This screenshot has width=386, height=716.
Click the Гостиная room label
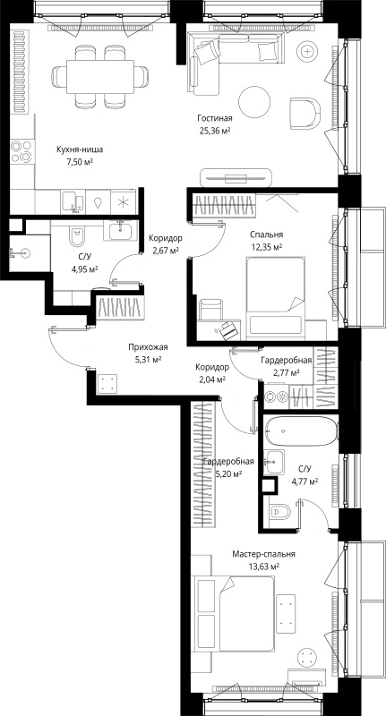[215, 118]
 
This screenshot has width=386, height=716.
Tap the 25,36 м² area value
[214, 131]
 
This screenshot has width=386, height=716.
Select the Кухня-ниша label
[80, 149]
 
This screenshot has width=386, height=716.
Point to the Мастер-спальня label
[263, 554]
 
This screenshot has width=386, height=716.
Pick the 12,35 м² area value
[266, 247]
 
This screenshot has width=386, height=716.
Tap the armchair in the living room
[305, 113]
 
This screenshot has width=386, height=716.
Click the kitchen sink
[73, 202]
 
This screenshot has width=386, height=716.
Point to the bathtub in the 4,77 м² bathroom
[302, 431]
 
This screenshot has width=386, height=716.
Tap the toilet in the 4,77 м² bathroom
[279, 512]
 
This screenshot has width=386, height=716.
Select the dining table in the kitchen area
[100, 76]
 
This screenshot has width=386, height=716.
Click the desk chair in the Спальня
[210, 310]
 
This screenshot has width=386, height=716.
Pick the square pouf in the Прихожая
[107, 383]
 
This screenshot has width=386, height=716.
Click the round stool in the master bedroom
[306, 658]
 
